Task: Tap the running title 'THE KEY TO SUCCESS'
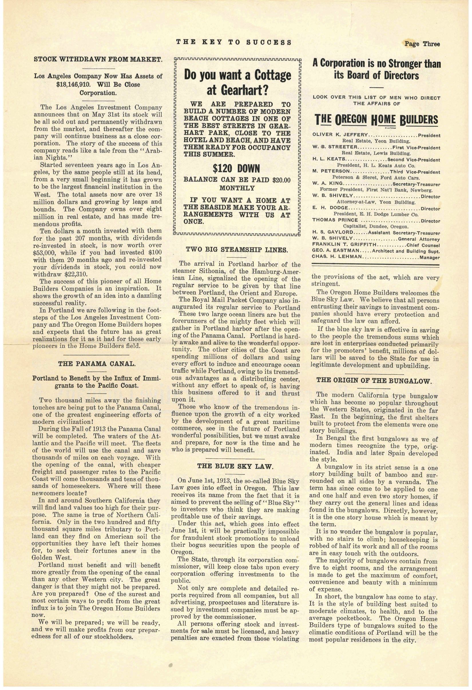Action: pos(234,42)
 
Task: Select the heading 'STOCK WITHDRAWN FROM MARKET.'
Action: pos(98,59)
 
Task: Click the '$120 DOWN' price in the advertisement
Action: pos(237,169)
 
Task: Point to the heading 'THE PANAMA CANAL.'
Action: pos(97,364)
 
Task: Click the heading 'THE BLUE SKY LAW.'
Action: pos(235,466)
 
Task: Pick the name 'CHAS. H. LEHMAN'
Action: pos(337,256)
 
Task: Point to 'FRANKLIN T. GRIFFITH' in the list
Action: pos(344,245)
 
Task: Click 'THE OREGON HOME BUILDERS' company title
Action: pos(376,120)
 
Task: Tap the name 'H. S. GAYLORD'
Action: pos(333,232)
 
